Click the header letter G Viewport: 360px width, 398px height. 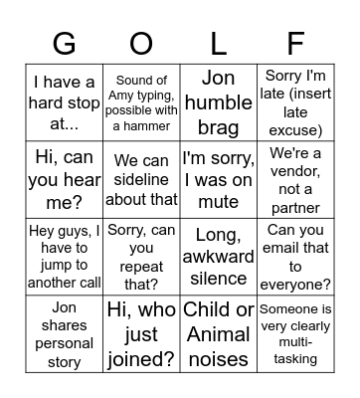tap(64, 44)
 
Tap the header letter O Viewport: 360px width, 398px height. tap(141, 44)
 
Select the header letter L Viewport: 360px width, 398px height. tap(218, 44)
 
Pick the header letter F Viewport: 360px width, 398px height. tap(295, 44)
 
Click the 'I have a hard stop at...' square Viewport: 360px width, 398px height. tap(64, 102)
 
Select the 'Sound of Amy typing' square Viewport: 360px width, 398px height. tap(141, 102)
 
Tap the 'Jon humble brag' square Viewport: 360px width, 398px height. tap(218, 102)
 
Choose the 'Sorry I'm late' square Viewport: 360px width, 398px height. tap(295, 102)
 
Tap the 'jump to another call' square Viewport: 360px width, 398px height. tap(64, 257)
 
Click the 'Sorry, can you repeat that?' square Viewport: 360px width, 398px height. tap(141, 257)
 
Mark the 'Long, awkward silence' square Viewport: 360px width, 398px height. tap(218, 257)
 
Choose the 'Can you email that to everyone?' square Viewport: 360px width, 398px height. tap(295, 257)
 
